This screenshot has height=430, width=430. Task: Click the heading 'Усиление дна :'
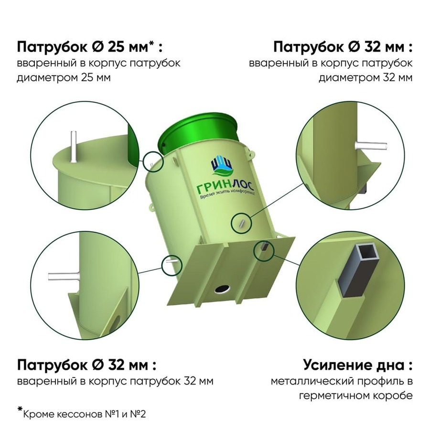pyautogui.click(x=358, y=365)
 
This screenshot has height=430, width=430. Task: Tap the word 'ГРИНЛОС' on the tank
pyautogui.click(x=226, y=187)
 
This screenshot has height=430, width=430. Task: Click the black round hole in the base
pyautogui.click(x=222, y=289)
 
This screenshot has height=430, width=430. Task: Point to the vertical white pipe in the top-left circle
pyautogui.click(x=73, y=147)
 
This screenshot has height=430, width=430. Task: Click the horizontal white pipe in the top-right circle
pyautogui.click(x=371, y=146)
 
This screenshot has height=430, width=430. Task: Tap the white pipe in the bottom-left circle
pyautogui.click(x=64, y=277)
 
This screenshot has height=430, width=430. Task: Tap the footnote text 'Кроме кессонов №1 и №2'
pyautogui.click(x=85, y=414)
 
